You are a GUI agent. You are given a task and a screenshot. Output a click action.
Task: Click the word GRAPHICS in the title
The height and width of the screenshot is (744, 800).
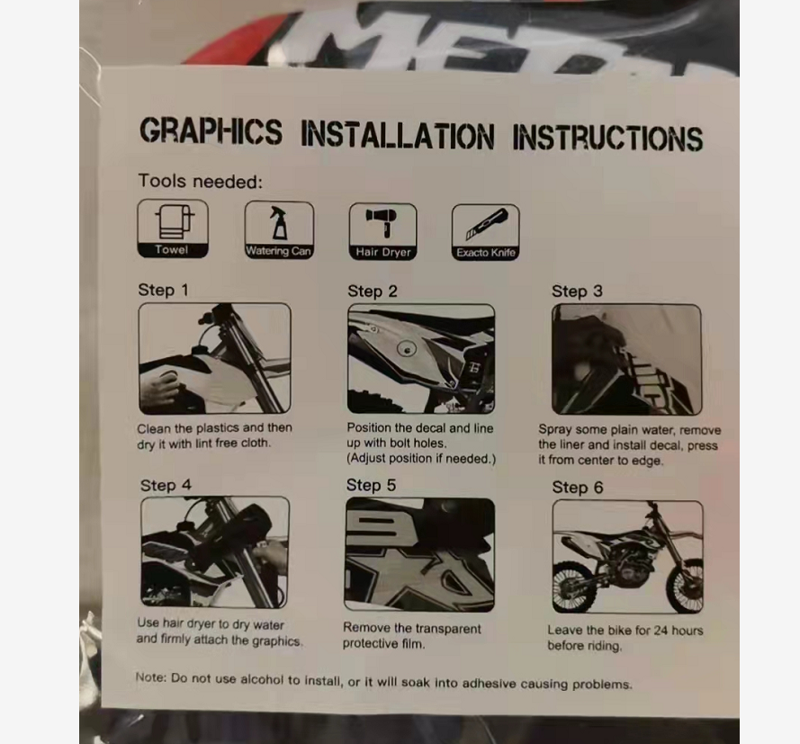coord(211,131)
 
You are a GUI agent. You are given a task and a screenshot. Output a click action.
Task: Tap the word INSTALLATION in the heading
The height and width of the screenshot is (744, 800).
coord(398,135)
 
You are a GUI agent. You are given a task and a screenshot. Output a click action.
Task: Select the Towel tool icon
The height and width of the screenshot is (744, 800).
coord(173,228)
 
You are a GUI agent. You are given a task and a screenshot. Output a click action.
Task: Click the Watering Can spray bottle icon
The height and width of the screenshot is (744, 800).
coord(279,230)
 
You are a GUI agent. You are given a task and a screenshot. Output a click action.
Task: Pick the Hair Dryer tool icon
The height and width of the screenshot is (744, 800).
coord(383,231)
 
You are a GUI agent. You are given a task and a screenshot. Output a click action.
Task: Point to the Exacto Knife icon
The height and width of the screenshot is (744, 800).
coord(486,232)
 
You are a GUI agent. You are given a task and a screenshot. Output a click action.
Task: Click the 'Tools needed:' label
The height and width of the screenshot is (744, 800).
coord(201,181)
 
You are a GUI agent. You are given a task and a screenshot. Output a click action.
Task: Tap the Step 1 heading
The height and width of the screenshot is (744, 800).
coord(163,291)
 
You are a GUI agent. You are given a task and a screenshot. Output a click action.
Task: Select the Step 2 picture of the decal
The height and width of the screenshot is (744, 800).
coord(421,358)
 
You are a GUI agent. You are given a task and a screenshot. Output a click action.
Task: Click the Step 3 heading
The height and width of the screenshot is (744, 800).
coord(577,291)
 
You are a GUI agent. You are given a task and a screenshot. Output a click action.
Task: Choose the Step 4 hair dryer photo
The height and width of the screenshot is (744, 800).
coord(215,552)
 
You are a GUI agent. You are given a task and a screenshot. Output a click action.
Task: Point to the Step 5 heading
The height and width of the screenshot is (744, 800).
coord(371,485)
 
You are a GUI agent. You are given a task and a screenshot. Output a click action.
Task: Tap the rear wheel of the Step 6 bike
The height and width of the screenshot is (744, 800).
coord(575,587)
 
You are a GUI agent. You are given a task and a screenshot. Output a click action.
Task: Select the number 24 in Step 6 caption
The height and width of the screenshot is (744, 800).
coord(661,631)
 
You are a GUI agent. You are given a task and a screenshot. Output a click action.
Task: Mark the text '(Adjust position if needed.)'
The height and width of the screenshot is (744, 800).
coord(421,459)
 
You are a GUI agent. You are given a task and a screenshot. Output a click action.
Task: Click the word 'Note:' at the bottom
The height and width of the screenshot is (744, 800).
coord(151,677)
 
